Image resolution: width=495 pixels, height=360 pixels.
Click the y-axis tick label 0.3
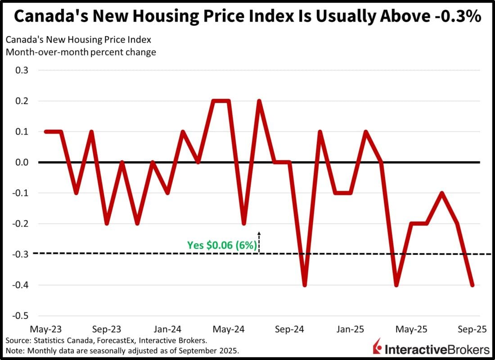click(x=22, y=71)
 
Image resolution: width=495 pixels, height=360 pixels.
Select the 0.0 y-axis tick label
click(x=22, y=162)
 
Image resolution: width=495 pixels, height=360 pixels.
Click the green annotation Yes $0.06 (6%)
click(x=222, y=246)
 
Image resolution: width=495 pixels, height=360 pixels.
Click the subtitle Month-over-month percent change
click(x=81, y=52)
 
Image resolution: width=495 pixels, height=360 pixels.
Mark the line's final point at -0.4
click(x=472, y=285)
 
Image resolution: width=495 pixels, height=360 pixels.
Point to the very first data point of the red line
click(x=45, y=132)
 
